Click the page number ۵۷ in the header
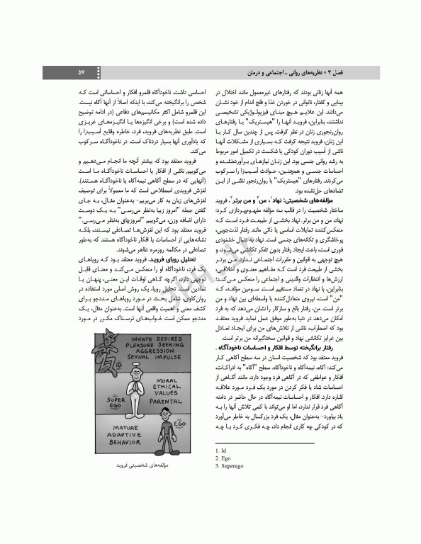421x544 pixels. pyautogui.click(x=82, y=73)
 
